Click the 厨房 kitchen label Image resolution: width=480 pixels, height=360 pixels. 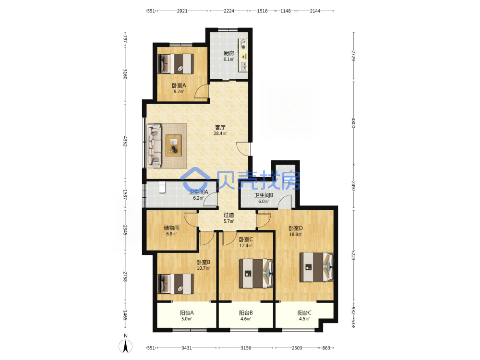pyautogui.click(x=228, y=53)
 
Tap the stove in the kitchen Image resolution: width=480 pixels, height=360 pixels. pyautogui.click(x=243, y=44)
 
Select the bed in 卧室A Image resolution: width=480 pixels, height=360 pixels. pyautogui.click(x=175, y=64)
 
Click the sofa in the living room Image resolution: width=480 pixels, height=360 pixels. pyautogui.click(x=154, y=146)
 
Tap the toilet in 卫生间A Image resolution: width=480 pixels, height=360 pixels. pyautogui.click(x=162, y=187)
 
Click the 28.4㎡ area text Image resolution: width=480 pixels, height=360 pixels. pyautogui.click(x=220, y=133)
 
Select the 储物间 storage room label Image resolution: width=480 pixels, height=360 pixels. pyautogui.click(x=171, y=228)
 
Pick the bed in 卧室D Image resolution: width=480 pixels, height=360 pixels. pyautogui.click(x=316, y=266)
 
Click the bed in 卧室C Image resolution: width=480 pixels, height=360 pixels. pyautogui.click(x=256, y=274)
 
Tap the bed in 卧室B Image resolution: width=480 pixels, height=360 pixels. pyautogui.click(x=175, y=284)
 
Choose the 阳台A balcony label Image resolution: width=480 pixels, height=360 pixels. pyautogui.click(x=186, y=313)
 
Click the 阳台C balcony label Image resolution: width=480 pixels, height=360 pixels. pyautogui.click(x=304, y=313)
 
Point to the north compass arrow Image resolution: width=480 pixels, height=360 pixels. pyautogui.click(x=125, y=347)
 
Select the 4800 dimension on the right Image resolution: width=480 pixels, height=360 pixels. pyautogui.click(x=353, y=123)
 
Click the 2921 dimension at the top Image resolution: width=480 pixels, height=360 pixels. pyautogui.click(x=182, y=11)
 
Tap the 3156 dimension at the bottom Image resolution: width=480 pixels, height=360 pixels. pyautogui.click(x=246, y=348)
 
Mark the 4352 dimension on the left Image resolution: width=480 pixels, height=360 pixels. pyautogui.click(x=125, y=142)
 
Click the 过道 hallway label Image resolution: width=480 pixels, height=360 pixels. pyautogui.click(x=228, y=215)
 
